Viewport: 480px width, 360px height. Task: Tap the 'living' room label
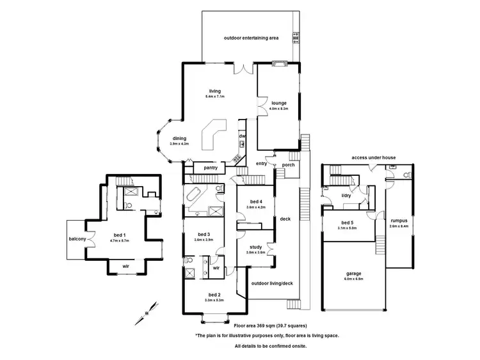214,91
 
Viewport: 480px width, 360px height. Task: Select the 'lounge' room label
278,103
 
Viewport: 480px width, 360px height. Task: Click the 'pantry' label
211,168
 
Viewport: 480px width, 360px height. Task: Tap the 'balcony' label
78,239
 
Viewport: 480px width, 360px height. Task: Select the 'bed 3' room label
204,233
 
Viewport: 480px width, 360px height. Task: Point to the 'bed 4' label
256,202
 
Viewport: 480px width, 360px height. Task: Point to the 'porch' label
289,164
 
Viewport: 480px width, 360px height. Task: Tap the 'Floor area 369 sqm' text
243,325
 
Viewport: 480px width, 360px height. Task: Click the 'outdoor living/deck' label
272,283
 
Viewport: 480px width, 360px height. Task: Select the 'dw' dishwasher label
242,136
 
